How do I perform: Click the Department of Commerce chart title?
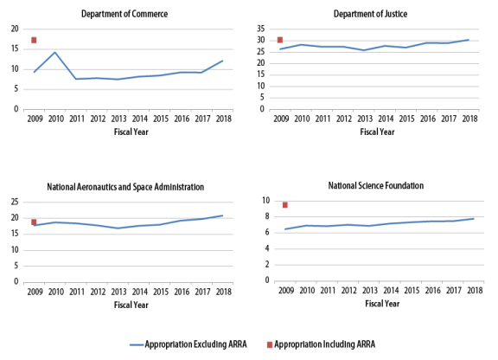(124, 14)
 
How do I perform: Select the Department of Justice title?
(370, 14)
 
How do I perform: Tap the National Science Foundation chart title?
(376, 185)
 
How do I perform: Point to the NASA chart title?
(125, 187)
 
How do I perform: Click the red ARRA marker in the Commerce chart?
(34, 40)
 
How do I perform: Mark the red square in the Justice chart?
(280, 40)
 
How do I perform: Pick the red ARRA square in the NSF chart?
(285, 205)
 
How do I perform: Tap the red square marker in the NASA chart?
(34, 222)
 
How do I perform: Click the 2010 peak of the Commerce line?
(55, 52)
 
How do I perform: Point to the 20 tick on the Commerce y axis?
(15, 29)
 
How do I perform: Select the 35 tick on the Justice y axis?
(261, 29)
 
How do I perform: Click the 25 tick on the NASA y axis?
(15, 202)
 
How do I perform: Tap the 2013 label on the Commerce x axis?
(118, 119)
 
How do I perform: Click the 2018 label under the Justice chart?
(469, 119)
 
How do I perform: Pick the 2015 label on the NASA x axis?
(161, 292)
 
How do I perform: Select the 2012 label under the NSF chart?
(348, 291)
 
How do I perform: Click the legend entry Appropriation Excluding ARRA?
(188, 344)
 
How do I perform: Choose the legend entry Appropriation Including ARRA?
(321, 344)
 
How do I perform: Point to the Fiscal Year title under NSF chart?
(382, 304)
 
